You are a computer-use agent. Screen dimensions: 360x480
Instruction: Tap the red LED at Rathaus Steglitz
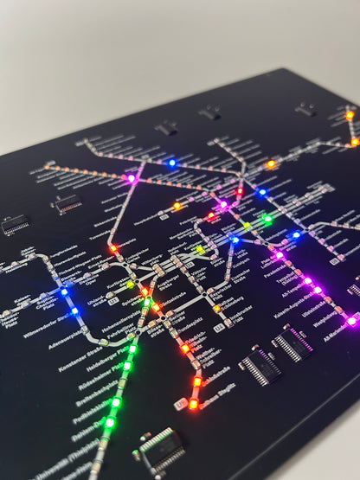193,403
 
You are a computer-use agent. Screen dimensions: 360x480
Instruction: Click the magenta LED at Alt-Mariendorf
351,321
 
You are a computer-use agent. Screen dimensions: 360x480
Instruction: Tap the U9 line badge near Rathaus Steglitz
180,405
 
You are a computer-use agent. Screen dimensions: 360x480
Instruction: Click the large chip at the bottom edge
159,449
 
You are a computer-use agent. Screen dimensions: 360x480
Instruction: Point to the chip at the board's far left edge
14,227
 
